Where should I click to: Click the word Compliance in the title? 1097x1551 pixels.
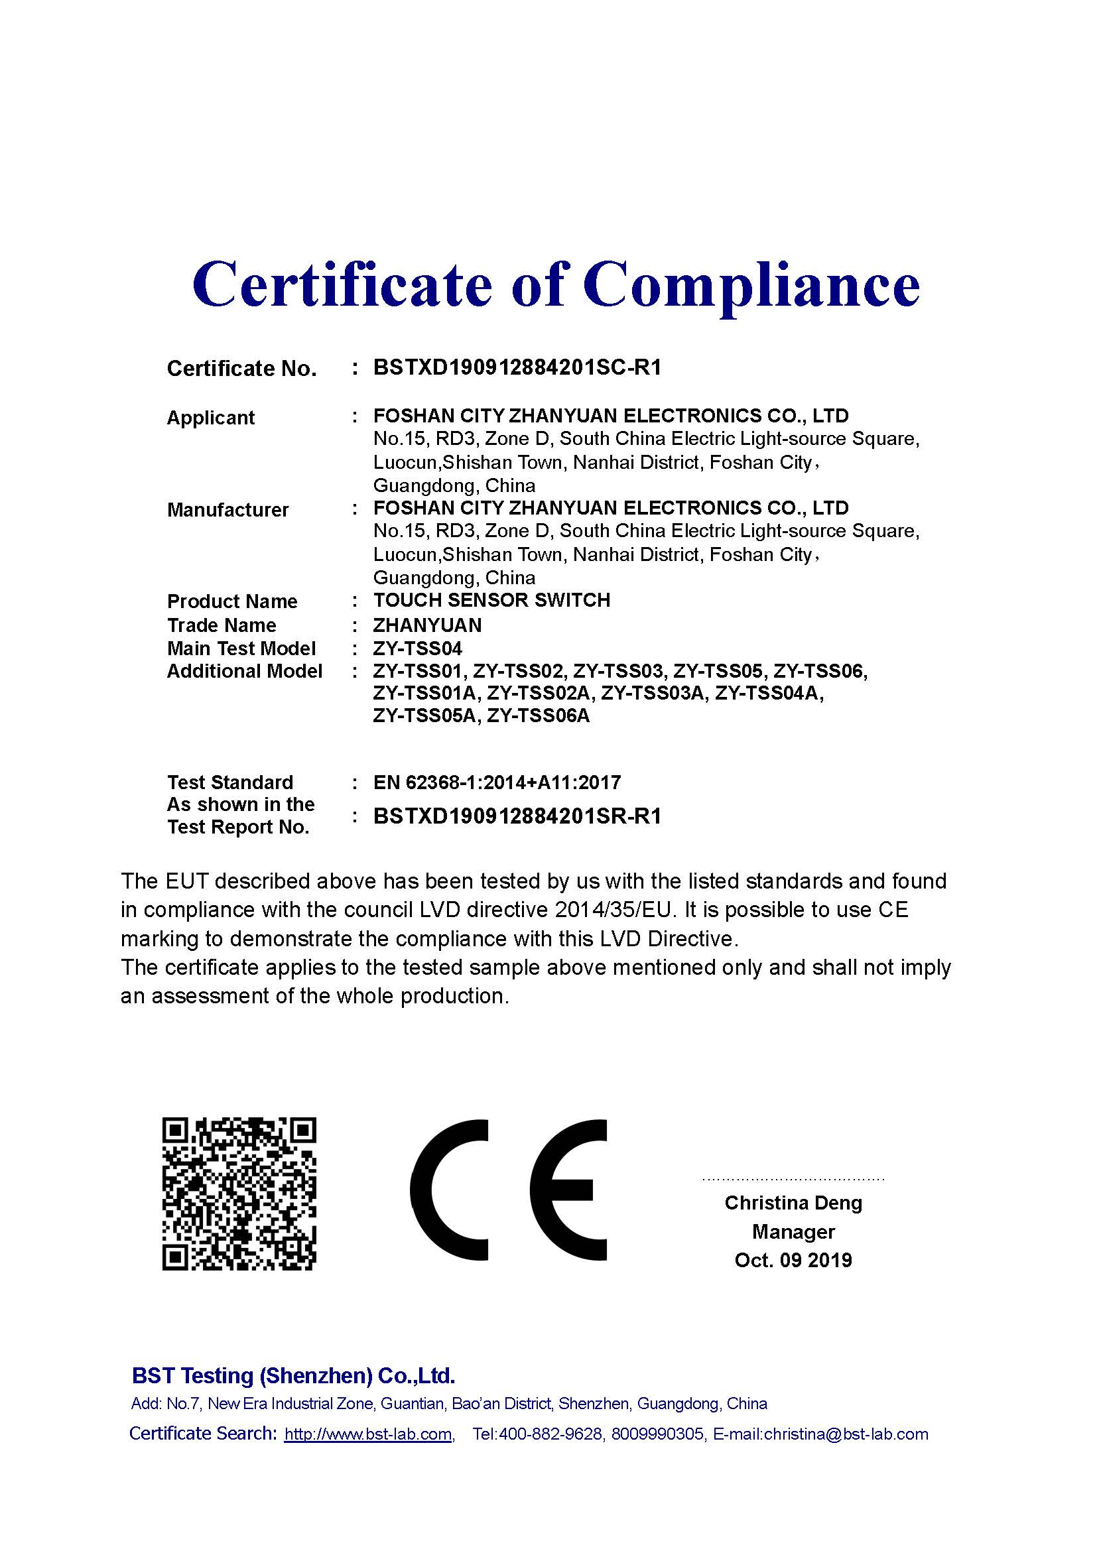coord(751,285)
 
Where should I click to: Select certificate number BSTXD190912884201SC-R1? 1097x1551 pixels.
coord(517,367)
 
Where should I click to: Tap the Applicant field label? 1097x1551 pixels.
coord(211,418)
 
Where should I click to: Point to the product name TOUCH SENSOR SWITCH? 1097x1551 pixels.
coord(491,600)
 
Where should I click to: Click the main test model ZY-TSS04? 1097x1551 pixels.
coord(417,649)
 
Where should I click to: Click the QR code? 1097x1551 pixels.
coord(239,1194)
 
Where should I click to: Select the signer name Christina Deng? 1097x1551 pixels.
coord(793,1202)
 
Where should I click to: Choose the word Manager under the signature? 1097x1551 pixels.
coord(793,1231)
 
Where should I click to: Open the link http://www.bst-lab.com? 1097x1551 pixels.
coord(368,1434)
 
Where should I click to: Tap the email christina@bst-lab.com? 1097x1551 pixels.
coord(846,1434)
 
